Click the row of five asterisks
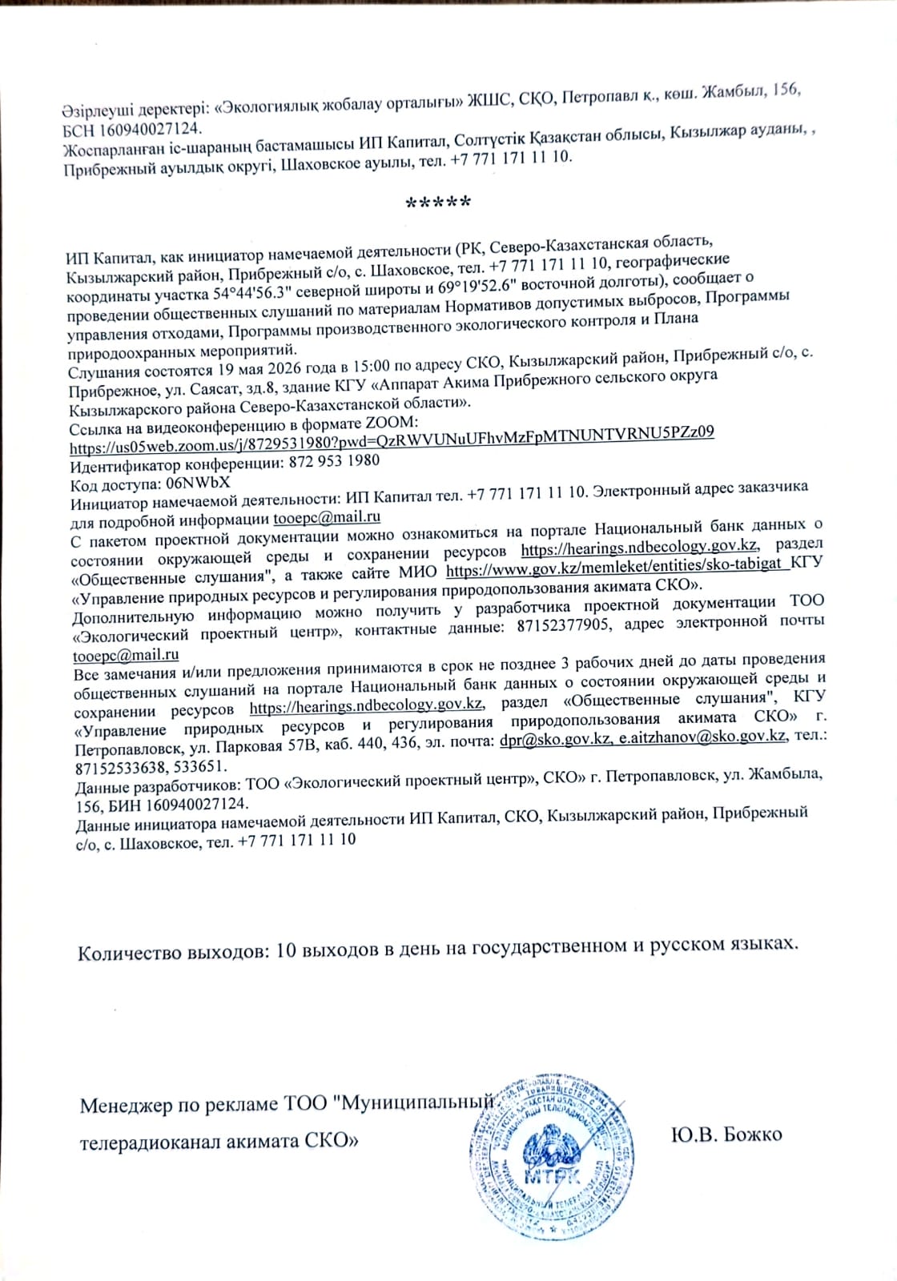[437, 203]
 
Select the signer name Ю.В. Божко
[727, 1134]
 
